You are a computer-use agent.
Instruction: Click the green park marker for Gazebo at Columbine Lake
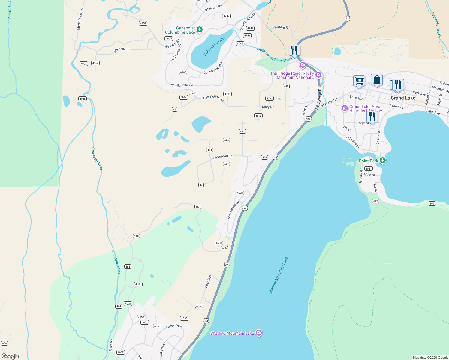tap(199, 29)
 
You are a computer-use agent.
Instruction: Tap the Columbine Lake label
tap(214, 46)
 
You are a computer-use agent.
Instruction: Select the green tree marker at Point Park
tap(382, 160)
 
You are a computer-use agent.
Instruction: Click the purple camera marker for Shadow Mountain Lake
tap(259, 333)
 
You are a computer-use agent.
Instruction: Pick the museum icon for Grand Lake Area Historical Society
tap(345, 108)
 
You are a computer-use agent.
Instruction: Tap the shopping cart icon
tap(359, 81)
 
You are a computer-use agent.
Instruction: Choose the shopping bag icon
tap(377, 80)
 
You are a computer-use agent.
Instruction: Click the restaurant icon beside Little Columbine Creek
tap(294, 50)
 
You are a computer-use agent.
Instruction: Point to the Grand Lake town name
tap(403, 98)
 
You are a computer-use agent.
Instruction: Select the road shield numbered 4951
tap(143, 23)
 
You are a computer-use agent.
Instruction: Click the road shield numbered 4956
tap(83, 99)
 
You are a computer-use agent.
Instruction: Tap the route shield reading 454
tap(4, 343)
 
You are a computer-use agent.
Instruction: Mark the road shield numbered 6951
tap(369, 169)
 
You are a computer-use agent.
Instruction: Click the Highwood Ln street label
tap(222, 157)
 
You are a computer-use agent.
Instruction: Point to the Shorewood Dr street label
tap(233, 210)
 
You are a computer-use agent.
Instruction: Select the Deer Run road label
tap(208, 281)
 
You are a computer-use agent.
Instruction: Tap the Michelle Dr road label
tap(122, 50)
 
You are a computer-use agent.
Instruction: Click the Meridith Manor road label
tap(80, 19)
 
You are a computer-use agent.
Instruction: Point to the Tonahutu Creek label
tap(436, 24)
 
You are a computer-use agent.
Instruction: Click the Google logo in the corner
tap(10, 356)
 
